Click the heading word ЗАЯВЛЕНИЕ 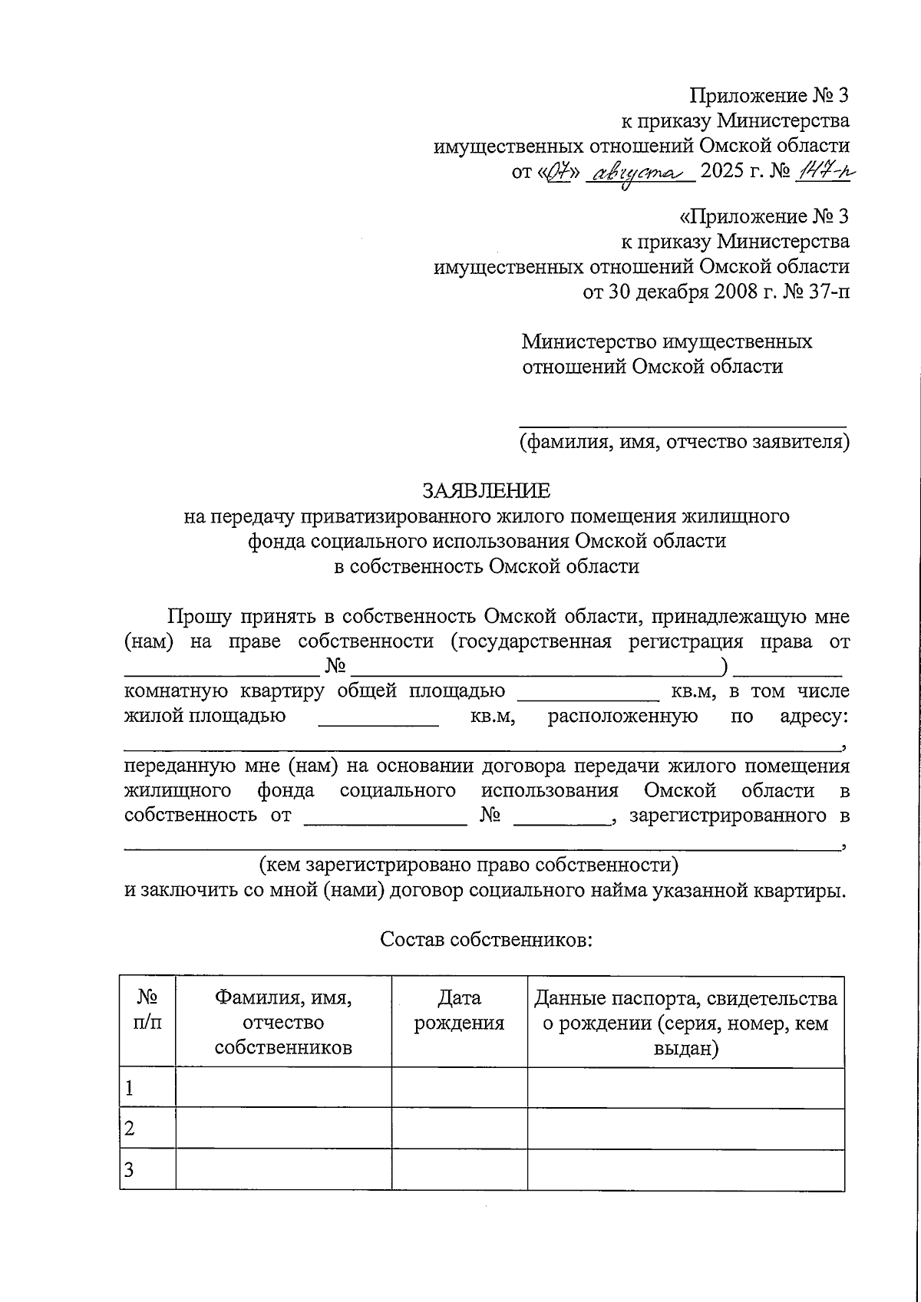[x=487, y=490]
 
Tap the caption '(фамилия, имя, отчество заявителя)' [x=684, y=442]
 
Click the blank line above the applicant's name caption [x=683, y=421]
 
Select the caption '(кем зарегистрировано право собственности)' [x=469, y=865]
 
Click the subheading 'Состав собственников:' [x=486, y=940]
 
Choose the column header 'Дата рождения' [x=459, y=1010]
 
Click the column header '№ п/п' [x=147, y=1010]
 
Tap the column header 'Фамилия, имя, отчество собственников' [x=283, y=1023]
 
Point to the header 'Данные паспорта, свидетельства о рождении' [x=685, y=1023]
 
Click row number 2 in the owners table [x=130, y=1129]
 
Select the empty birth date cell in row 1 [x=459, y=1088]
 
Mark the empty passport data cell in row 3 [x=685, y=1170]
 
